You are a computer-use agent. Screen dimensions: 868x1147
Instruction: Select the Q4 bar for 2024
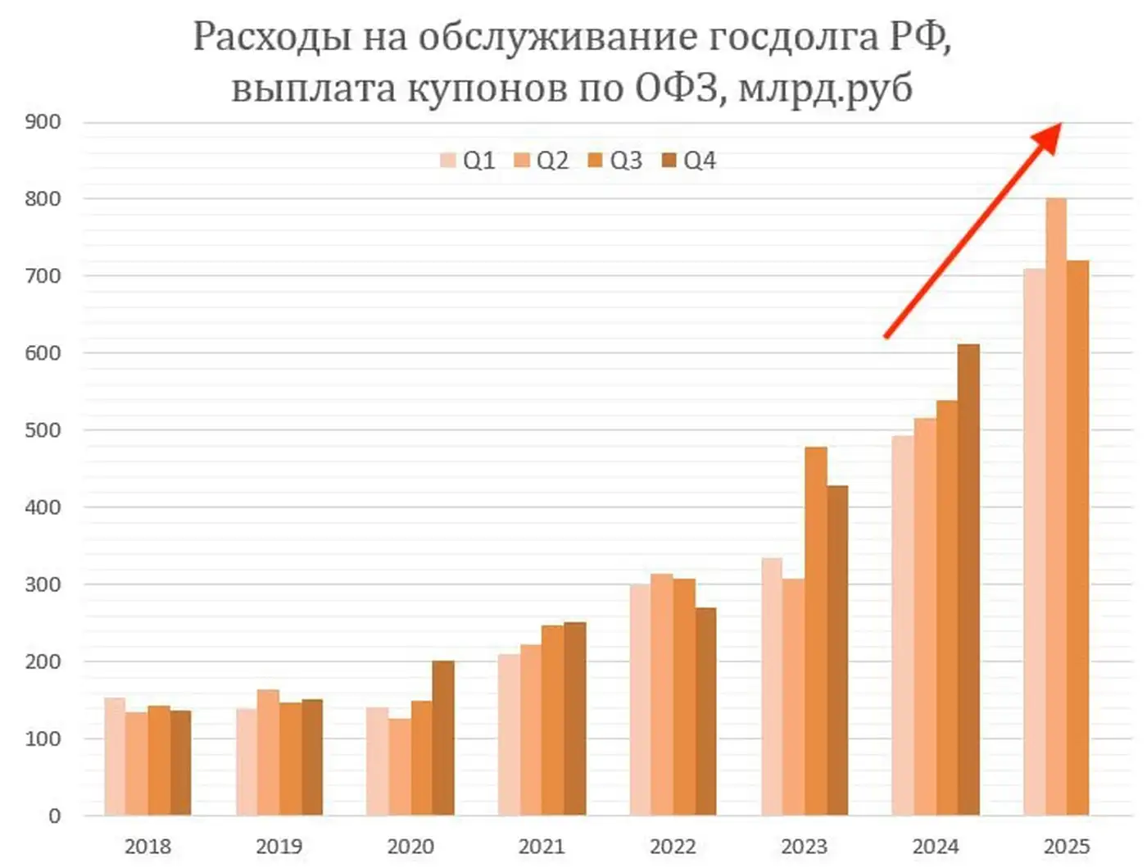pos(968,579)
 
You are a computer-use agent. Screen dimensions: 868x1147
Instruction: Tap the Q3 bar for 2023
pos(815,631)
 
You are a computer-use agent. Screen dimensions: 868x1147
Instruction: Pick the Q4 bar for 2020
pos(443,738)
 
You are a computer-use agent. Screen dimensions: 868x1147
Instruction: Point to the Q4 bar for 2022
pos(705,711)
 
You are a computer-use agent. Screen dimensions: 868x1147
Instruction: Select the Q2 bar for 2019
pos(268,752)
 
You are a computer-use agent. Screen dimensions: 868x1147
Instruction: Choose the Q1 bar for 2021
pos(509,734)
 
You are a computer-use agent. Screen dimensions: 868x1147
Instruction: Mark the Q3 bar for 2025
pos(1078,538)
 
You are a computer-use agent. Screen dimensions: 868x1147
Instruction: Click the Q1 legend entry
pos(468,161)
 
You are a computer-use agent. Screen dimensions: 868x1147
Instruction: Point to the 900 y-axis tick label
pos(43,122)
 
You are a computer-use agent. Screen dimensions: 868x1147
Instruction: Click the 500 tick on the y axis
pos(43,430)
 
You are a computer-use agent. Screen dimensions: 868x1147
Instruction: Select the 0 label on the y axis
pos(54,816)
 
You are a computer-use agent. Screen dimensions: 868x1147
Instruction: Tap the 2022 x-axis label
pos(673,847)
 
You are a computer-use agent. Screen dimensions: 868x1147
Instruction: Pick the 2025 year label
pos(1067,847)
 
